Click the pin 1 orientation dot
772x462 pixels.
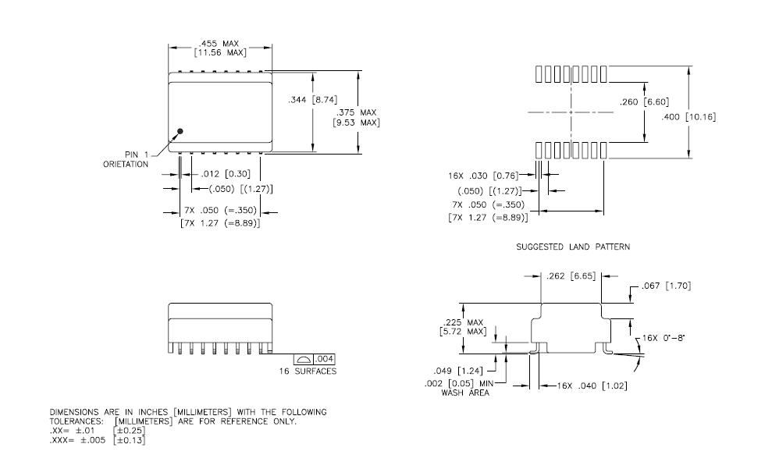[180, 131]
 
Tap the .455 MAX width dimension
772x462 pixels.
[219, 44]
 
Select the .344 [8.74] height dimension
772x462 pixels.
[313, 100]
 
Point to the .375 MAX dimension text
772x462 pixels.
[357, 112]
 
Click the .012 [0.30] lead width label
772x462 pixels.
[226, 174]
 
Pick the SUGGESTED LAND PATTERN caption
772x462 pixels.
[573, 247]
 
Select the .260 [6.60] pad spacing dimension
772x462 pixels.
[645, 102]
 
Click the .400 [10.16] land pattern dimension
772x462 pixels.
[688, 116]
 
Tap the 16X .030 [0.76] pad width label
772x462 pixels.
[483, 176]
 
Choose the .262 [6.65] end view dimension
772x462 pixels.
[571, 276]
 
